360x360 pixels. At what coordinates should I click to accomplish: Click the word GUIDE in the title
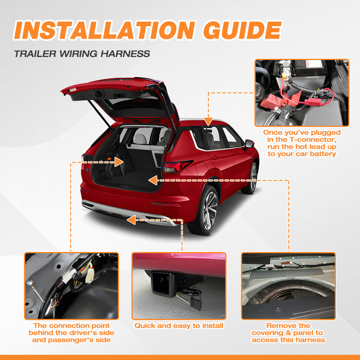click(242, 30)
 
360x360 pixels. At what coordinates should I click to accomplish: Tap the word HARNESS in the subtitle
click(125, 54)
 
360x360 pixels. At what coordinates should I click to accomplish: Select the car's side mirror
click(249, 143)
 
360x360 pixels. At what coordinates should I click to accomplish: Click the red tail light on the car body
click(178, 166)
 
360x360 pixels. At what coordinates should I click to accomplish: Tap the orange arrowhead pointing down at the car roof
click(208, 121)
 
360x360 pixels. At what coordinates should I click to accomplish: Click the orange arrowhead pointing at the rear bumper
click(131, 220)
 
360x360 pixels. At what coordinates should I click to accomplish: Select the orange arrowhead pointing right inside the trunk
click(119, 162)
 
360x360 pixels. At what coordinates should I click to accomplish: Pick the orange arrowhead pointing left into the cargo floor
click(153, 181)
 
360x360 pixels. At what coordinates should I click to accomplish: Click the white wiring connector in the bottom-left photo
click(90, 276)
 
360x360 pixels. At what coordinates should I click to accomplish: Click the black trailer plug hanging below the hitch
click(196, 302)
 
